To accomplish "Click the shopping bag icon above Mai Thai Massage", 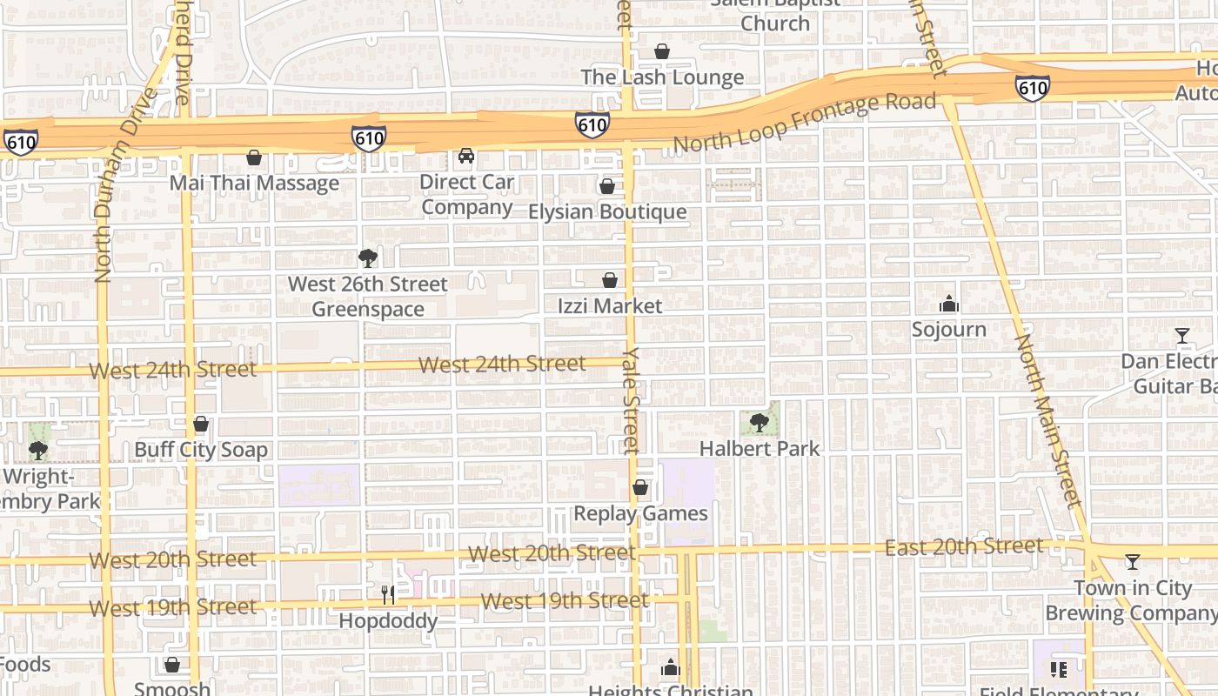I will point(254,157).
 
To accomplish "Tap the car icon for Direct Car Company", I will point(466,157).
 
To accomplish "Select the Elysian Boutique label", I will point(607,211).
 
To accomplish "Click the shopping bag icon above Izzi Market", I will point(610,280).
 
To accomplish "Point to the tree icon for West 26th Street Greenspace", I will point(368,258).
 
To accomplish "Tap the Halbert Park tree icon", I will point(760,423).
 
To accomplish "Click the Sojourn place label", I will point(948,329).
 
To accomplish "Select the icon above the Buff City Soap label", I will point(201,425).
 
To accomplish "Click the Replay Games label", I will point(640,513).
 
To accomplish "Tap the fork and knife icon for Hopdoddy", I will point(388,595).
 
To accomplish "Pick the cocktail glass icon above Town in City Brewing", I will point(1133,562).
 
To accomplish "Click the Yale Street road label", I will point(632,400).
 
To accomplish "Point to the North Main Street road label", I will point(1048,421).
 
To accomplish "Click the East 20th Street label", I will point(963,546).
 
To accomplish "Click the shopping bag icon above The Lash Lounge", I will point(662,51).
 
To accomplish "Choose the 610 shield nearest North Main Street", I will point(1032,87).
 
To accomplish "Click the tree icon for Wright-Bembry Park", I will point(37,451).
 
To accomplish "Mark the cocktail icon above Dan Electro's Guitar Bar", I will point(1182,336).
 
